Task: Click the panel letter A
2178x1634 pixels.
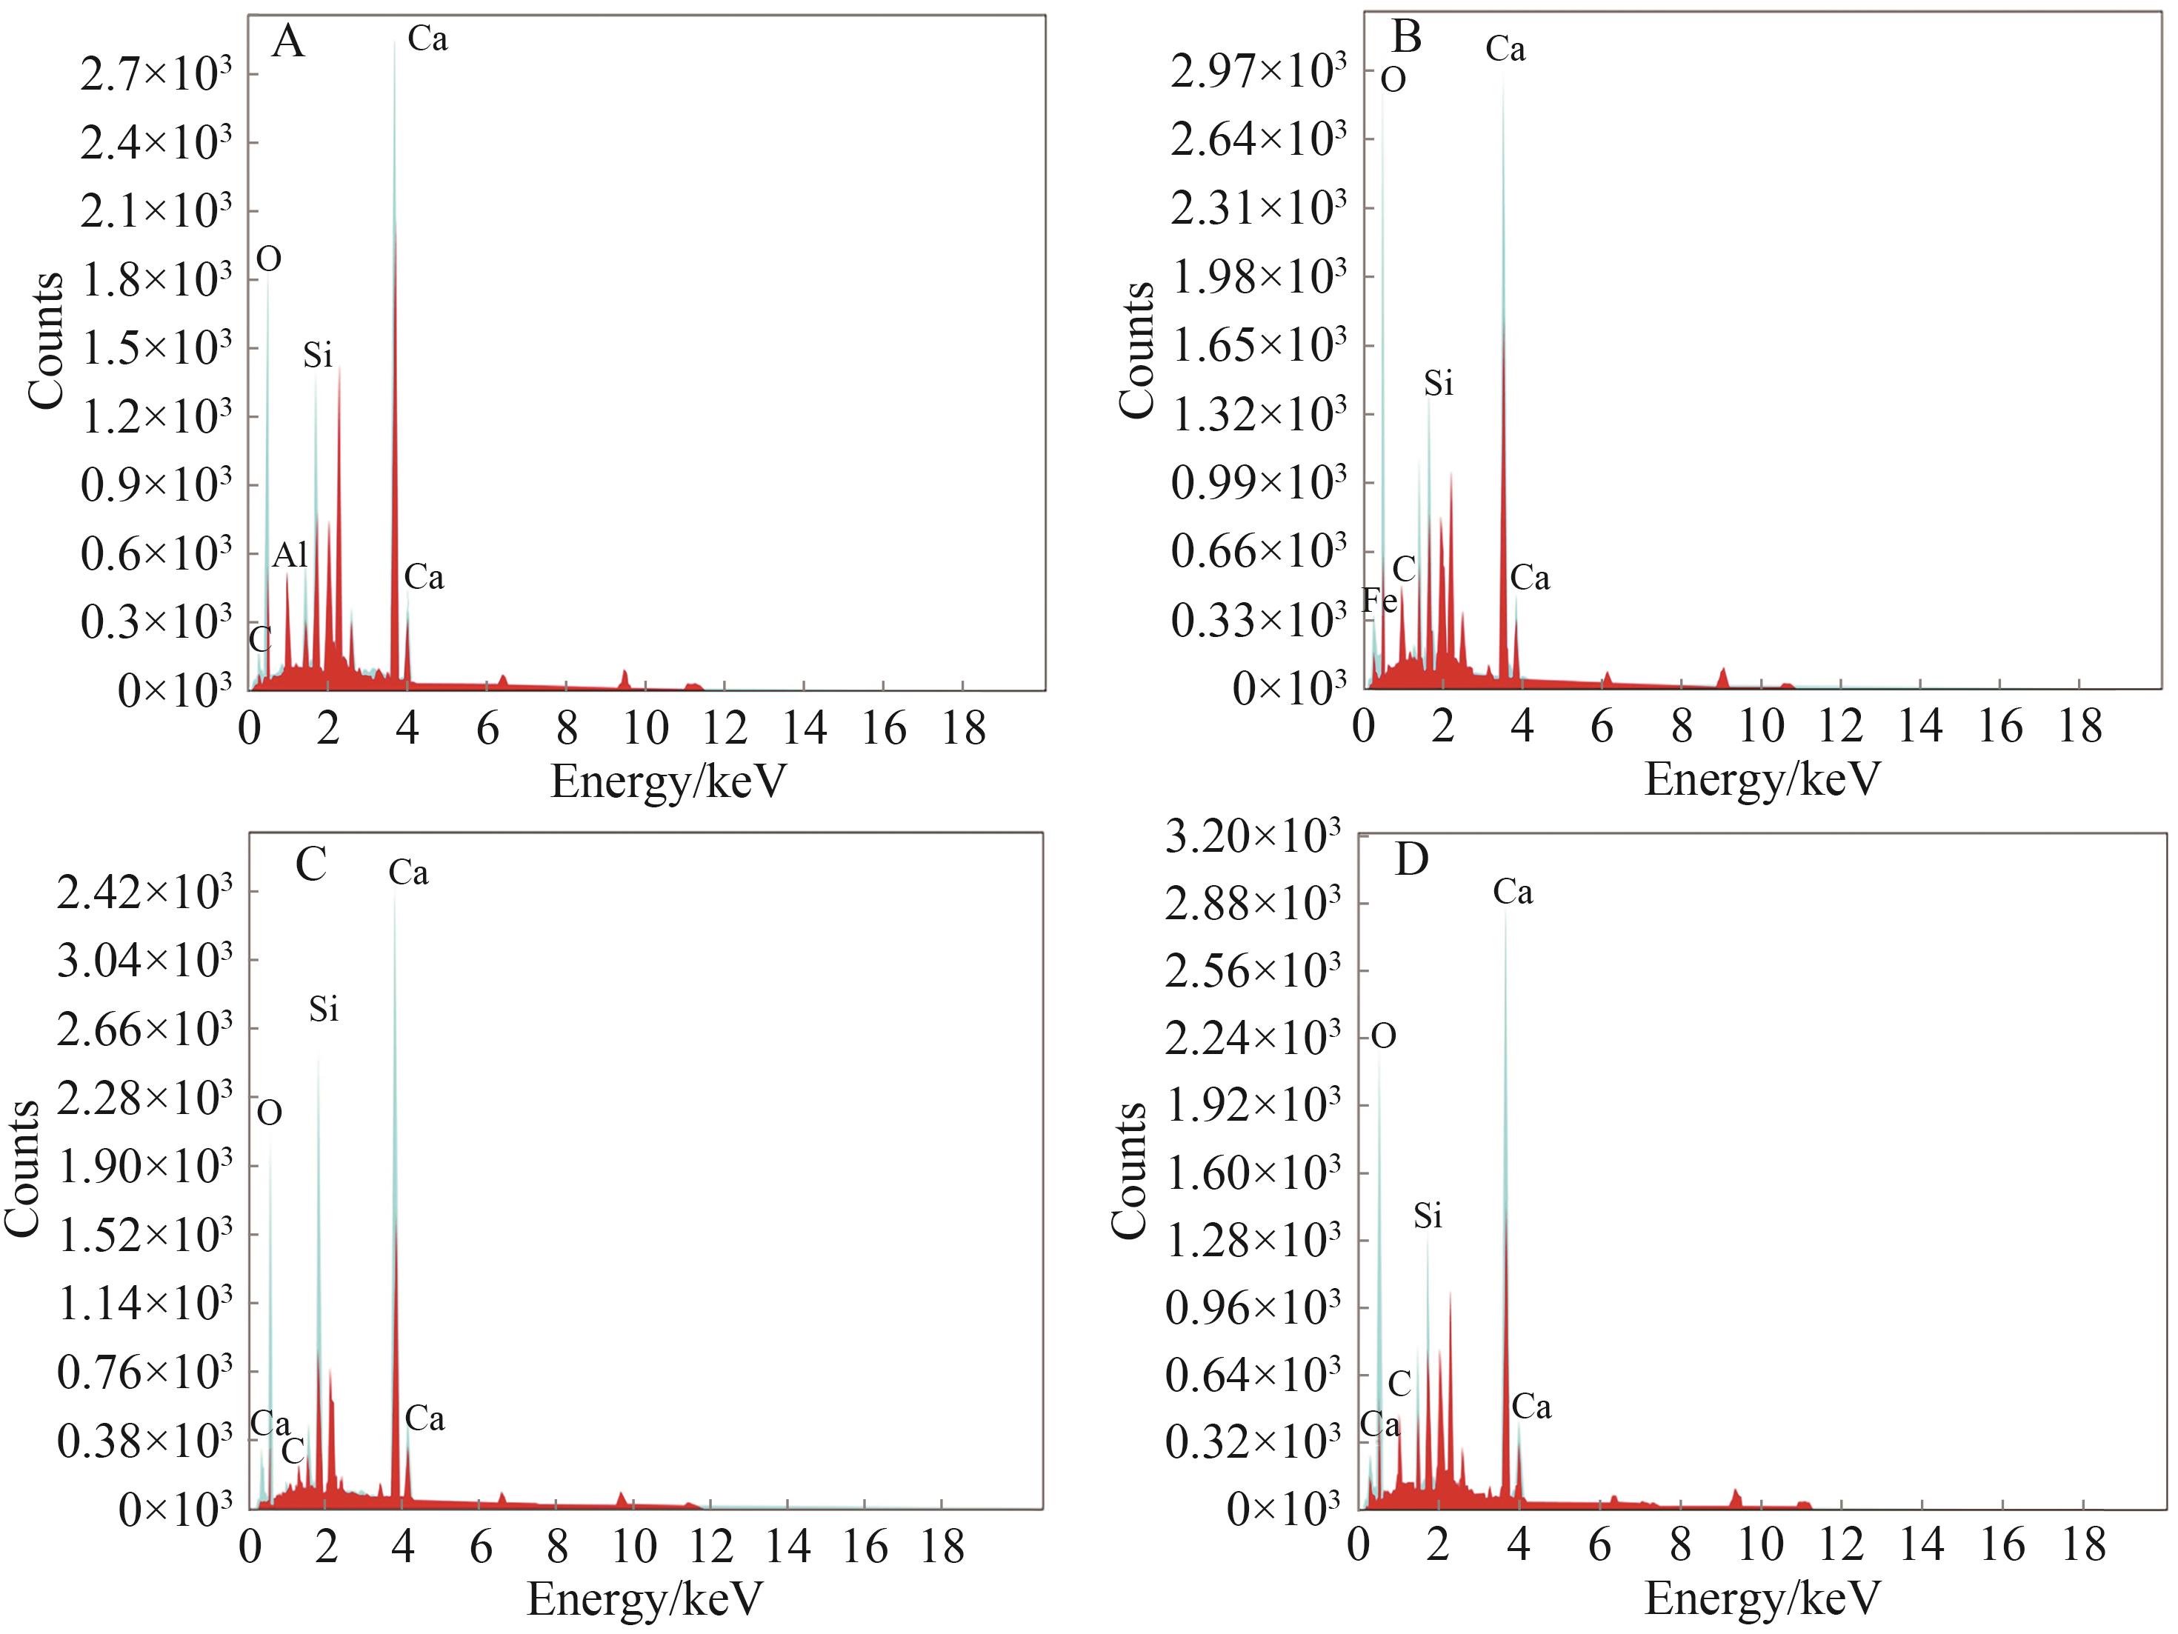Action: (287, 42)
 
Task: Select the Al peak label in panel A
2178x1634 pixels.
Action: (290, 556)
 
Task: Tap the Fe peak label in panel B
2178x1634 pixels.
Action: (1379, 601)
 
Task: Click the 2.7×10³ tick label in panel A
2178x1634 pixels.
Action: (156, 74)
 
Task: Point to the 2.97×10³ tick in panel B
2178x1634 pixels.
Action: (1257, 71)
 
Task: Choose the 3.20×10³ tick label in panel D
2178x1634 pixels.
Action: (1251, 837)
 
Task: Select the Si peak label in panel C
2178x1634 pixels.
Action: (323, 1009)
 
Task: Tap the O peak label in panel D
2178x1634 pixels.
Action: (1383, 1036)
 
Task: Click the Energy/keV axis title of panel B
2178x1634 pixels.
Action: (1762, 780)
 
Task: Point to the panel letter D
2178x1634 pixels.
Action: (1411, 859)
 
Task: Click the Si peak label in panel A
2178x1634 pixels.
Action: (317, 356)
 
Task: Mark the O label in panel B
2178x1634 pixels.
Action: (1392, 81)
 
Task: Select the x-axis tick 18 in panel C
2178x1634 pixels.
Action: (942, 1548)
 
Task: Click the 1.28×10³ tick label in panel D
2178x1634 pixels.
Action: (1251, 1241)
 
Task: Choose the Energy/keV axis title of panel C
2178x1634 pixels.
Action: (645, 1598)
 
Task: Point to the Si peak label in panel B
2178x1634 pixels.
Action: (1439, 384)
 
